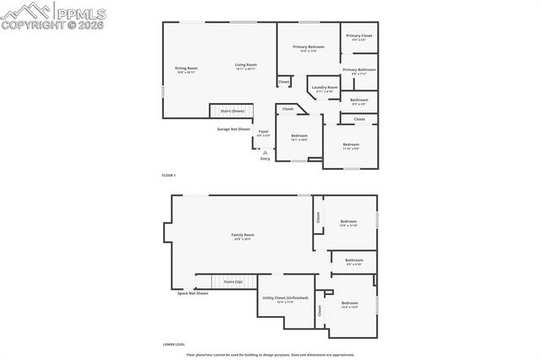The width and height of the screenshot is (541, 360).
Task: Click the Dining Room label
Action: [186, 69]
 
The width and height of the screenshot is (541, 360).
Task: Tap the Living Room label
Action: [246, 66]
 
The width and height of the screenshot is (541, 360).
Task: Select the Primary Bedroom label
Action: [309, 48]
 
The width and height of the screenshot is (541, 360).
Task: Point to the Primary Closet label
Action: [358, 37]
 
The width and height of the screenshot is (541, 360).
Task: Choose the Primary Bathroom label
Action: [359, 71]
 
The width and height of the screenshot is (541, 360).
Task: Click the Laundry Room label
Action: [324, 89]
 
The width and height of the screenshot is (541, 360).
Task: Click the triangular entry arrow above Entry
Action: [265, 152]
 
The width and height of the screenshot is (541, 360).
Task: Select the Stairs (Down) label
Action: [232, 111]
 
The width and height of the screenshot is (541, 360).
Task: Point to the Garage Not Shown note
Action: [233, 129]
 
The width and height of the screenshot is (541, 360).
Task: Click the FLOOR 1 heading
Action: [169, 175]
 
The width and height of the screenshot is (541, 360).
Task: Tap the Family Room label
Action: [243, 237]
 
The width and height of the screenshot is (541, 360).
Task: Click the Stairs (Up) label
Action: [232, 281]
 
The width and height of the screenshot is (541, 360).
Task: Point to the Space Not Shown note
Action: [193, 293]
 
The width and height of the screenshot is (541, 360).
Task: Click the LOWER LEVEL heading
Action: [174, 345]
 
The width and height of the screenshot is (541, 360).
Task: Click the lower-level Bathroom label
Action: [353, 262]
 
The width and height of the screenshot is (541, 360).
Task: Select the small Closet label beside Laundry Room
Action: [283, 82]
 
